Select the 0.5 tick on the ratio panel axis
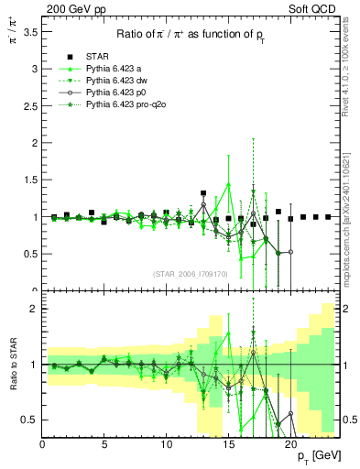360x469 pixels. [x=30, y=420]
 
